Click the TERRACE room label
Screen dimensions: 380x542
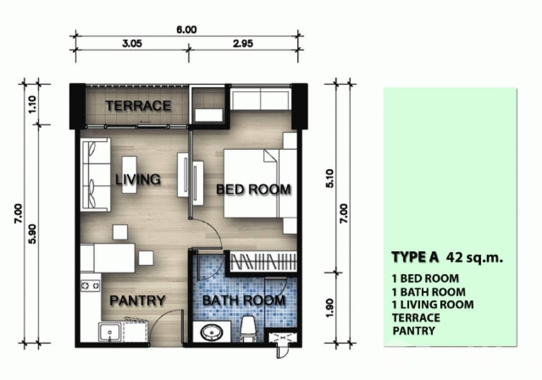pyautogui.click(x=138, y=106)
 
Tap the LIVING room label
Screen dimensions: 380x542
pyautogui.click(x=138, y=179)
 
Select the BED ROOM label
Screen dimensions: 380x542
pyautogui.click(x=253, y=190)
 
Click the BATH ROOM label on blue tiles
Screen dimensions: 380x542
pyautogui.click(x=243, y=300)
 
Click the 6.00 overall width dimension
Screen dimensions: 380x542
pyautogui.click(x=187, y=30)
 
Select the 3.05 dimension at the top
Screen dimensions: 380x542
pyautogui.click(x=132, y=44)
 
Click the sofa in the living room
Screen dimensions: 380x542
pyautogui.click(x=95, y=175)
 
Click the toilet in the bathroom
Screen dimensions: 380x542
pyautogui.click(x=248, y=329)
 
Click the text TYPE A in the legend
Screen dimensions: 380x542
pyautogui.click(x=415, y=257)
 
